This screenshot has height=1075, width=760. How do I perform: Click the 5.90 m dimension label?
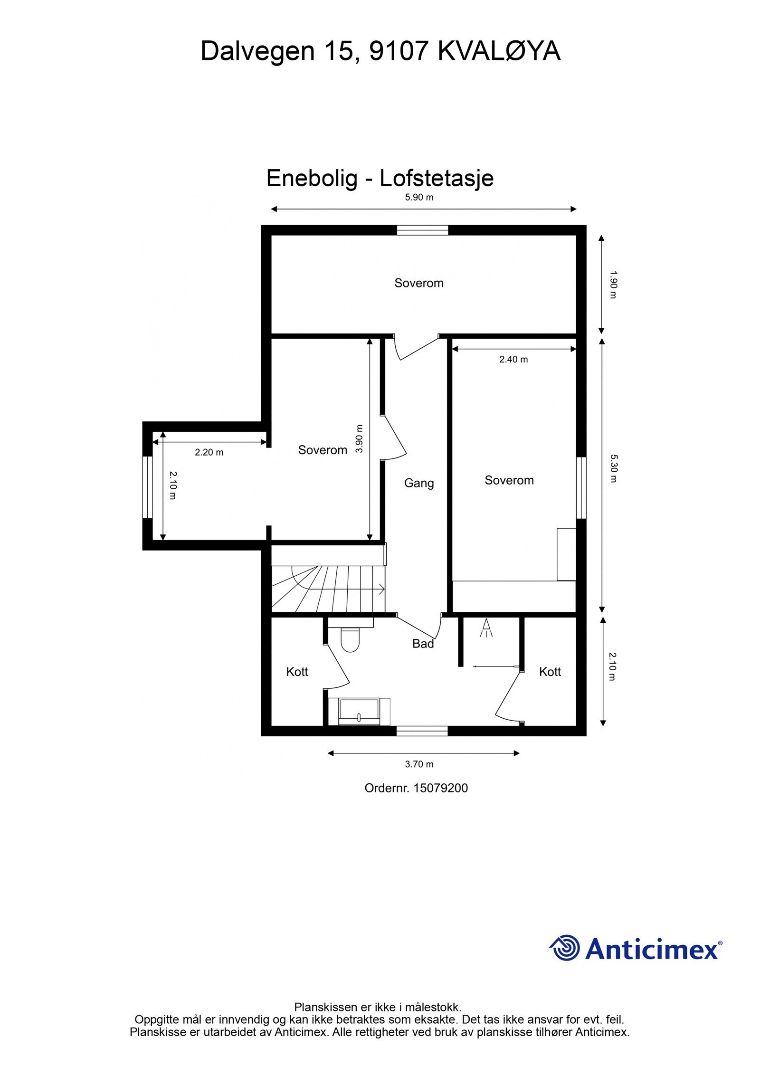pos(419,198)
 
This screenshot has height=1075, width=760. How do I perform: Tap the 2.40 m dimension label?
pos(513,359)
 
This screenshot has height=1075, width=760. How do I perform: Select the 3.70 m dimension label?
pos(419,764)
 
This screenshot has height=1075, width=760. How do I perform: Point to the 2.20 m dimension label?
pos(209,452)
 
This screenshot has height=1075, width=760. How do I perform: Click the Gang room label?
pos(419,483)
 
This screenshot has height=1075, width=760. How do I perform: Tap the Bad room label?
pos(423,644)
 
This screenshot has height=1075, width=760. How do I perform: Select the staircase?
pos(328,589)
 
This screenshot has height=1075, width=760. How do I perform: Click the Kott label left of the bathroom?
pos(297,672)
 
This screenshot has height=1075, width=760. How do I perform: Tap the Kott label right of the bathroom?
pos(550,672)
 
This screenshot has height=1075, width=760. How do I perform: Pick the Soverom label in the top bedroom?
pos(419,283)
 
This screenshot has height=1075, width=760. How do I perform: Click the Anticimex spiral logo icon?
pos(565,948)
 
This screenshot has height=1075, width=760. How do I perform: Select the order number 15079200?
pos(441,789)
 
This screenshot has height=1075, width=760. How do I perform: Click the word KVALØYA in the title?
pos(499,51)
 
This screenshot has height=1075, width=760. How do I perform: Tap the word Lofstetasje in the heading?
pos(437,178)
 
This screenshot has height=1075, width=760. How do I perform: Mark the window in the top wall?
pos(422,230)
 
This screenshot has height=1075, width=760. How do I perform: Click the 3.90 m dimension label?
pos(360,438)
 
